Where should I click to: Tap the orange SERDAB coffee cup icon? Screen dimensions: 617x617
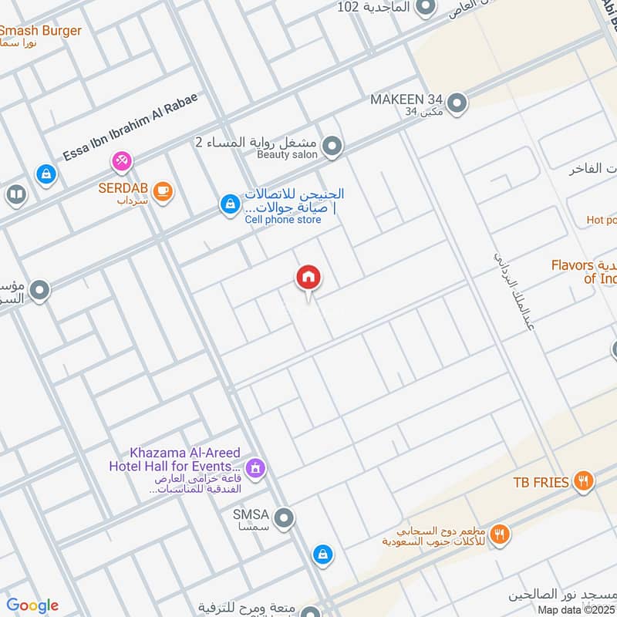162,190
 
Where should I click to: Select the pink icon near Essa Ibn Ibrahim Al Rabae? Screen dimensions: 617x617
121,161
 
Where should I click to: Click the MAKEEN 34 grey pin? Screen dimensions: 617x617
457,103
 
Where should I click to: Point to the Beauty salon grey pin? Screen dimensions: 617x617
332,146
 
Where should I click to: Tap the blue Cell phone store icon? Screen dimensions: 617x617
228,204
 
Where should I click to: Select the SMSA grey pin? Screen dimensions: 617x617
283,518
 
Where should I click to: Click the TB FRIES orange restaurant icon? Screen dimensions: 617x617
584,482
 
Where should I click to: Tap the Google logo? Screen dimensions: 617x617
32,605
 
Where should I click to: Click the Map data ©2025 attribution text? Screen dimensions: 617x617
577,610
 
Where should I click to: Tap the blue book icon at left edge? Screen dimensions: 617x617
15,195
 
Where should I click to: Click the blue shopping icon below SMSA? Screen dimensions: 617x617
322,555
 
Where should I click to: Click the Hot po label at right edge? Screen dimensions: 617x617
601,220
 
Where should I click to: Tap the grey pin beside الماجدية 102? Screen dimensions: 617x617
424,8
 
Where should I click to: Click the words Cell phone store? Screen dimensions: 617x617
283,220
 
